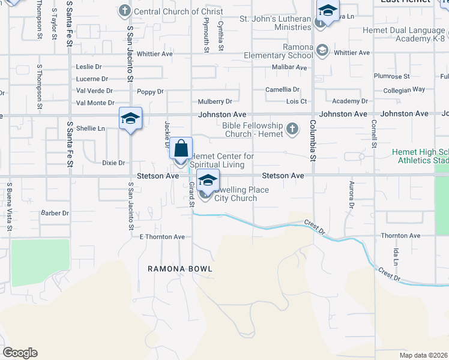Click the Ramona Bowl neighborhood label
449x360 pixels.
pos(180,269)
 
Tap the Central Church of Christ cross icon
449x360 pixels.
pos(125,11)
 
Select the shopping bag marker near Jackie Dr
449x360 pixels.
pos(181,149)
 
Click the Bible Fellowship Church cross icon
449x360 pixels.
pos(292,128)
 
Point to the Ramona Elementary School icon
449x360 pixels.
pos(322,50)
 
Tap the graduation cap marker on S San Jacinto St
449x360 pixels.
pos(130,119)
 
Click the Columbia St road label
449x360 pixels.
pos(312,141)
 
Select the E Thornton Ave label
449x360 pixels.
pos(162,237)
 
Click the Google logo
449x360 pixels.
pos(20,353)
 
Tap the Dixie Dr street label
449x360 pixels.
pos(113,163)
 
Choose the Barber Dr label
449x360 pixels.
pos(55,213)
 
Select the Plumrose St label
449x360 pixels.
pos(391,77)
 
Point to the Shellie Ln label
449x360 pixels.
pos(90,128)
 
